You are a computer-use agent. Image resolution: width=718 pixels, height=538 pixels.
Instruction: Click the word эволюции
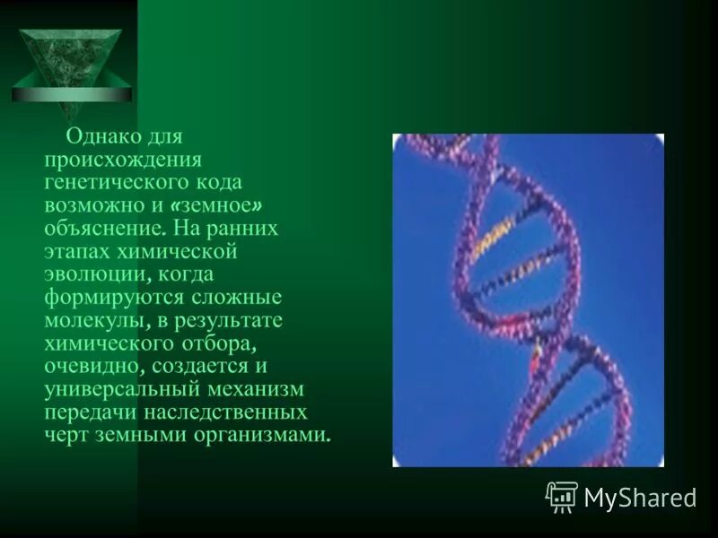pyautogui.click(x=90, y=274)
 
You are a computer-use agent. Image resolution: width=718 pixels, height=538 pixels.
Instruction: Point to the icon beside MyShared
pyautogui.click(x=562, y=497)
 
